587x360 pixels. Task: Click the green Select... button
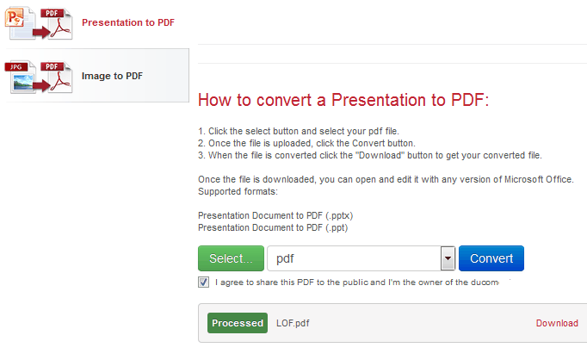231,258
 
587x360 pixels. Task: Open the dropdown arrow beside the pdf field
448,258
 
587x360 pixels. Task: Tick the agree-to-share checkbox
204,282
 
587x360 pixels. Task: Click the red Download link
557,323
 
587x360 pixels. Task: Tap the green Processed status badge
238,323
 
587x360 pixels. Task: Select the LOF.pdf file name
293,323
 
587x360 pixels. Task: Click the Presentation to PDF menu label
128,22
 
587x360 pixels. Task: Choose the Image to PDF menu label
112,76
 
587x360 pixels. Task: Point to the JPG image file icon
20,77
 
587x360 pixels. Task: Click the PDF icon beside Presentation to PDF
56,23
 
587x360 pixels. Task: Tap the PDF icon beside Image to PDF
56,77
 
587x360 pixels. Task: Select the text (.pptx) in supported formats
339,216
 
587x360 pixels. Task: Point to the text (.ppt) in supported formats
337,227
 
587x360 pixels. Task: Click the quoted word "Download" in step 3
380,155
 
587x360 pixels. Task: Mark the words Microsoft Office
538,179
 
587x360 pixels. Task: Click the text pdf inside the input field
285,258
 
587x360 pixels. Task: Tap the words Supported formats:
238,191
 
